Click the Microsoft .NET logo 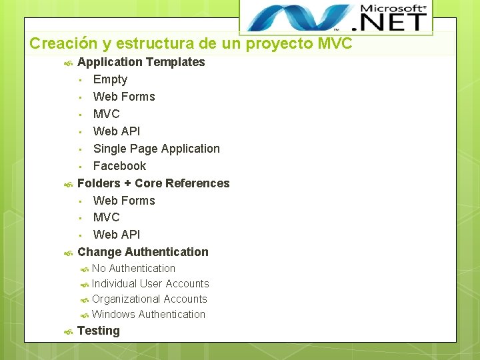(336, 17)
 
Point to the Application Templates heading (141, 62)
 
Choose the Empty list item (110, 79)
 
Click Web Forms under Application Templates (124, 97)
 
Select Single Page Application (156, 149)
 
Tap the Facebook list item (119, 166)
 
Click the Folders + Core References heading (153, 183)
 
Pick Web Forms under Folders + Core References (124, 201)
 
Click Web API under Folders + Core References (117, 235)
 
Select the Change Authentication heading (143, 252)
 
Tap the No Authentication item (133, 269)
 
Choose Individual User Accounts (150, 284)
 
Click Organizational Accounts (149, 299)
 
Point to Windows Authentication (149, 315)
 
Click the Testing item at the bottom (99, 331)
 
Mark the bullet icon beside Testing (67, 331)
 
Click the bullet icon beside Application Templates (67, 63)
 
